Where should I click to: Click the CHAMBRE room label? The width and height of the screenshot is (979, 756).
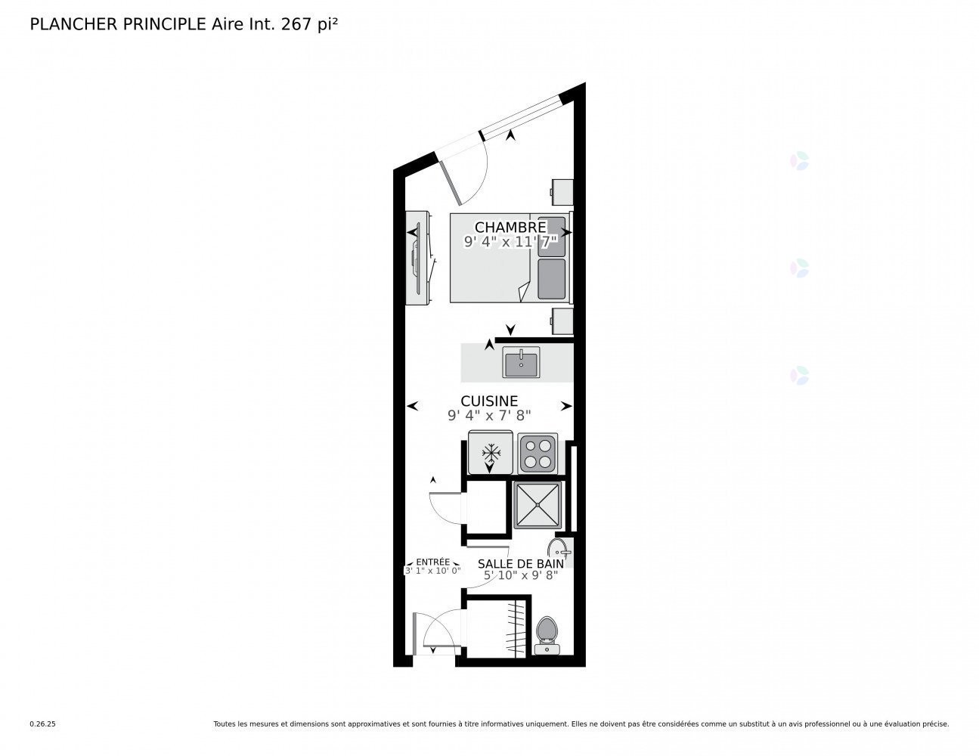tap(510, 227)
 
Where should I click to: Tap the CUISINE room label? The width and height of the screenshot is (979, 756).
tap(489, 401)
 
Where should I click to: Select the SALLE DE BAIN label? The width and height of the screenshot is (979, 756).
tap(520, 563)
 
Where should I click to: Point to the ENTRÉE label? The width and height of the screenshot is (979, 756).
tap(432, 562)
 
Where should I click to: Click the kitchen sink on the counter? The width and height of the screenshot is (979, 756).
tap(521, 363)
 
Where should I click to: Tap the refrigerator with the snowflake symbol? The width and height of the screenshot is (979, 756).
tap(491, 453)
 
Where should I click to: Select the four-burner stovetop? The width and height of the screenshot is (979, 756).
tap(538, 453)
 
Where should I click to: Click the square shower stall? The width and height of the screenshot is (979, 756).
tap(538, 504)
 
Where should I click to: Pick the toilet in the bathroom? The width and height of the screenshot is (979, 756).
tap(546, 634)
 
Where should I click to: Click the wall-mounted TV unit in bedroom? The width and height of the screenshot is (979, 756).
tap(418, 258)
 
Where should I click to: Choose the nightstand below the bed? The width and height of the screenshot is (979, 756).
tap(562, 321)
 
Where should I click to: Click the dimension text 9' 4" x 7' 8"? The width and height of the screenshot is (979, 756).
tap(489, 415)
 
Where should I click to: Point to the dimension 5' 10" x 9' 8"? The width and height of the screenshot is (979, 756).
tap(520, 575)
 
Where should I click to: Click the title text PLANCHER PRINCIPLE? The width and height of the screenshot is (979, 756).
tap(118, 24)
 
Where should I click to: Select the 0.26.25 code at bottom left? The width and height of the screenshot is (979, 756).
tap(42, 723)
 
